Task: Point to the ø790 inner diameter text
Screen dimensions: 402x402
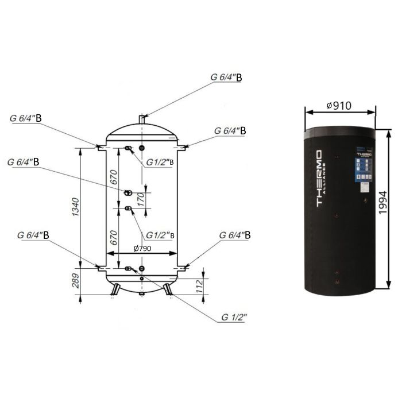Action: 144,248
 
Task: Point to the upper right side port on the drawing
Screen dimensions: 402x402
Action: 183,148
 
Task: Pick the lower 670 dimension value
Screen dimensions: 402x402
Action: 113,235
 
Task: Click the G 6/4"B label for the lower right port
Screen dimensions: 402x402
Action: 235,235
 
